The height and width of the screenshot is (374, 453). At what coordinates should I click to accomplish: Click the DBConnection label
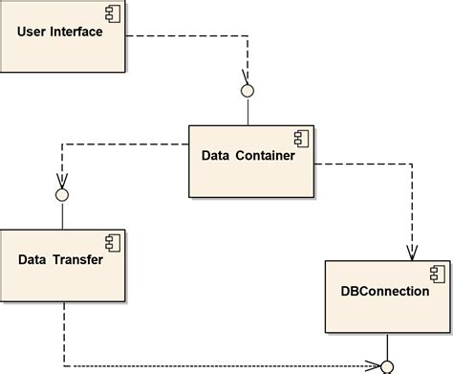(x=384, y=291)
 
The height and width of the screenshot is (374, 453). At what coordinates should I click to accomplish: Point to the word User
(x=33, y=33)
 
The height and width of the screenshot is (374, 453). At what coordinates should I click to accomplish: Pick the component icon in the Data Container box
(x=299, y=140)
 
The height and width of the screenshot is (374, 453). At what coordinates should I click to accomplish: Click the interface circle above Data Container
(x=248, y=91)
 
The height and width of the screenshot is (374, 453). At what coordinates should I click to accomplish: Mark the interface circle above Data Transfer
(x=62, y=195)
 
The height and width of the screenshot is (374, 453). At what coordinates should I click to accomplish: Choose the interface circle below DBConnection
(x=387, y=366)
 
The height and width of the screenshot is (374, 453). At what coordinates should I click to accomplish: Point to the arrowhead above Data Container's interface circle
(x=247, y=77)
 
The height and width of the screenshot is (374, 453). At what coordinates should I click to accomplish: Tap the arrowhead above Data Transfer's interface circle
(x=62, y=181)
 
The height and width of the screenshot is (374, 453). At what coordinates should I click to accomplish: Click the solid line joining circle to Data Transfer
(x=62, y=215)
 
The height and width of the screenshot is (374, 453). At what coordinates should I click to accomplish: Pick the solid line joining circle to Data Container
(x=248, y=111)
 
